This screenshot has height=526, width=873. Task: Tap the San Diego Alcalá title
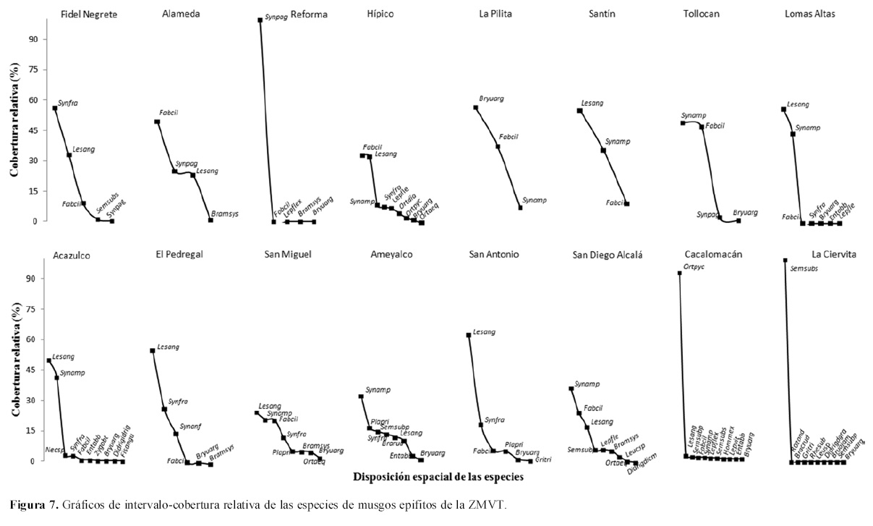click(608, 255)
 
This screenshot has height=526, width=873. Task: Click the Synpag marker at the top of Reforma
click(260, 20)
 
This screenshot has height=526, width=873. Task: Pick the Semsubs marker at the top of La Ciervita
click(785, 260)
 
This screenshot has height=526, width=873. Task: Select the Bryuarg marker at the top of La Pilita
click(476, 108)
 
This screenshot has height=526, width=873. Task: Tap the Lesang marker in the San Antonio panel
click(468, 335)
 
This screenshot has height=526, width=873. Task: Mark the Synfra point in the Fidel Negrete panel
click(55, 109)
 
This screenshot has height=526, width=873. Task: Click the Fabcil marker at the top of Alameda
click(157, 122)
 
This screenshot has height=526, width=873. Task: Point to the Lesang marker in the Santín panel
click(579, 111)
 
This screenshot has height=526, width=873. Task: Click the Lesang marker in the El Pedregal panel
click(152, 351)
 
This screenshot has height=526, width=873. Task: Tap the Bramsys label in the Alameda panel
click(224, 214)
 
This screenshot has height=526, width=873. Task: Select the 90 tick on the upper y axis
click(32, 39)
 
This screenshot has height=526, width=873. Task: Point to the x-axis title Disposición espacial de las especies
click(438, 478)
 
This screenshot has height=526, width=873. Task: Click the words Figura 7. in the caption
click(27, 504)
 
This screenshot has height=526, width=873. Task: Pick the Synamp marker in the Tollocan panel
click(683, 123)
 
